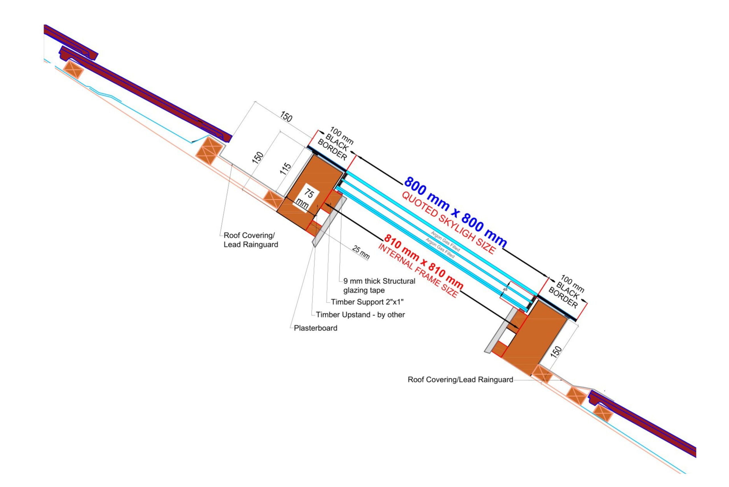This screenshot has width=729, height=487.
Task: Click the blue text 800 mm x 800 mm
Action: click(456, 212)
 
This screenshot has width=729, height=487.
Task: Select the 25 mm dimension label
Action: click(361, 252)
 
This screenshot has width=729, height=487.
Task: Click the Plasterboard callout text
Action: click(316, 328)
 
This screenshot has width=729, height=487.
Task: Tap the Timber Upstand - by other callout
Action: click(360, 315)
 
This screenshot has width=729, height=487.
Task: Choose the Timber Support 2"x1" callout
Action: click(367, 302)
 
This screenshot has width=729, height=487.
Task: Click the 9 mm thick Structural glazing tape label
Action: click(379, 285)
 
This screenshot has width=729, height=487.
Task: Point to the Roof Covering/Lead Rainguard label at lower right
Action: click(460, 379)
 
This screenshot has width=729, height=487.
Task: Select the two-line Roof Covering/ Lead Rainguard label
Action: click(251, 240)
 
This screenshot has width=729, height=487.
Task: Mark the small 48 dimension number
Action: click(505, 289)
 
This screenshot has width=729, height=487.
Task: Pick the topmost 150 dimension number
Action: click(286, 116)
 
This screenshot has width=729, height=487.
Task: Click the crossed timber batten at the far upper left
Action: click(73, 69)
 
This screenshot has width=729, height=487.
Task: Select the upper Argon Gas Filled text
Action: click(445, 241)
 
